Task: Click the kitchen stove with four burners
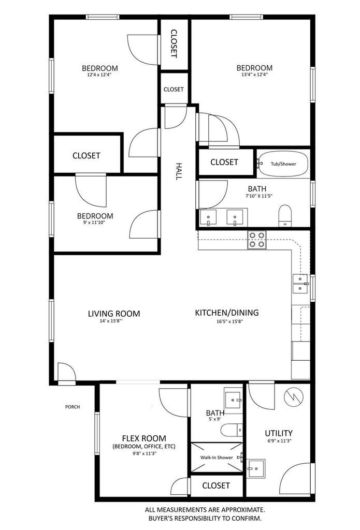tap(257, 240)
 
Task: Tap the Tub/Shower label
tap(283, 164)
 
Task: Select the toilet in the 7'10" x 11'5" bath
tap(285, 216)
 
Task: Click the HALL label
tap(178, 171)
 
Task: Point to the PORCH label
tap(73, 407)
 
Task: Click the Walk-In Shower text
tap(217, 458)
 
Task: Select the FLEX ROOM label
tap(144, 438)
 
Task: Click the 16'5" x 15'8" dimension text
tap(230, 321)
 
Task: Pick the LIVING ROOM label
tap(113, 314)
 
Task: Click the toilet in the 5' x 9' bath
tap(232, 430)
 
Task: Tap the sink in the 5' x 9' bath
tap(233, 401)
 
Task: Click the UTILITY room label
tap(279, 433)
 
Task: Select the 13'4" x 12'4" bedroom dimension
tap(254, 75)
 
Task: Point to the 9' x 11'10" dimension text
tap(95, 223)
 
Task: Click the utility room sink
tap(255, 468)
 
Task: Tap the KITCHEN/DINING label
tap(227, 313)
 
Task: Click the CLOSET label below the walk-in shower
tap(216, 485)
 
